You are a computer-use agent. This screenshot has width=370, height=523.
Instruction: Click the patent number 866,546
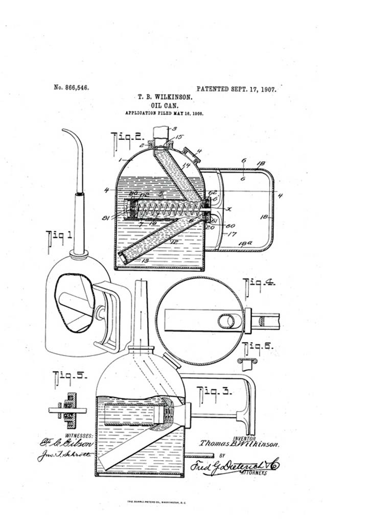click(72, 87)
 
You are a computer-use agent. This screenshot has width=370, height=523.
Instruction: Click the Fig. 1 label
click(59, 236)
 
